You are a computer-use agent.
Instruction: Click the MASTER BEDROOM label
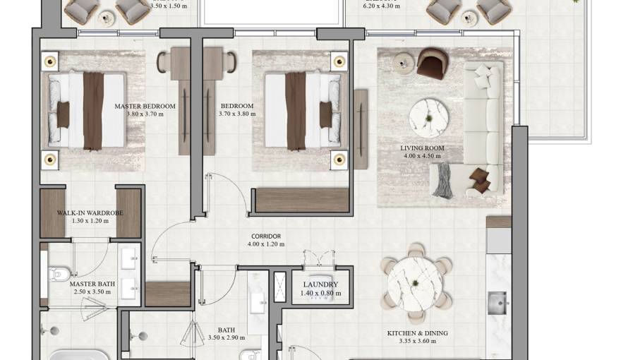coord(145,107)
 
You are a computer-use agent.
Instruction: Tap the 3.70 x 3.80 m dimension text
coord(236,114)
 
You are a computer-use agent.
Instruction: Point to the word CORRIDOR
coord(266,236)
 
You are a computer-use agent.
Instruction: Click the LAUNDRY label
coord(320,284)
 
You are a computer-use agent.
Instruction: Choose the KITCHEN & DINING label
coord(417,333)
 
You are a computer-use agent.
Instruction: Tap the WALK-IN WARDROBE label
coord(90,212)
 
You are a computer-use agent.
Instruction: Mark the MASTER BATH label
coord(88,284)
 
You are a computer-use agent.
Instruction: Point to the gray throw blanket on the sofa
coord(442,181)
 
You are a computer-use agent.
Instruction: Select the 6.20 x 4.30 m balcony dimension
coord(381,6)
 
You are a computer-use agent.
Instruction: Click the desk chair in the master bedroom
coord(163,62)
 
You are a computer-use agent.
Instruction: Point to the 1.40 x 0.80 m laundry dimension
coord(321,293)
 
